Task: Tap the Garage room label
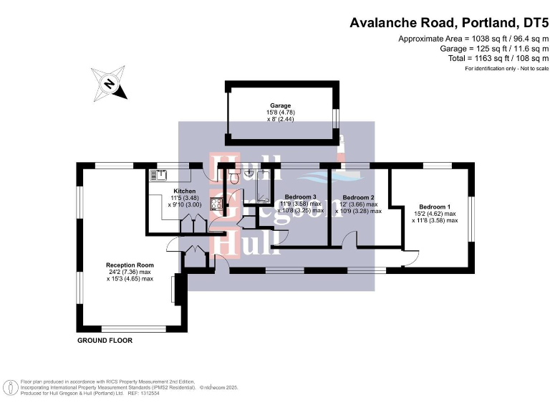pyautogui.click(x=280, y=105)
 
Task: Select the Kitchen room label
pyautogui.click(x=180, y=191)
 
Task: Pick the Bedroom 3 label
pyautogui.click(x=300, y=197)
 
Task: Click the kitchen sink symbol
pyautogui.click(x=158, y=173)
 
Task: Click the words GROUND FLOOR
pyautogui.click(x=105, y=341)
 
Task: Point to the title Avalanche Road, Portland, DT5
pyautogui.click(x=449, y=23)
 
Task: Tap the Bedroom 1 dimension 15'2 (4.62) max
pyautogui.click(x=435, y=214)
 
